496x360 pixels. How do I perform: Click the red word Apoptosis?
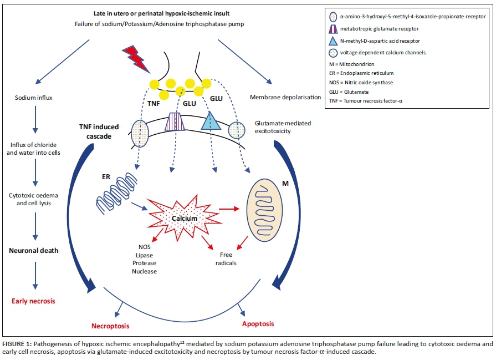point(258,323)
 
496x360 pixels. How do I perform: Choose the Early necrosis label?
point(33,301)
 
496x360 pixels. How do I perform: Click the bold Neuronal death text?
point(34,250)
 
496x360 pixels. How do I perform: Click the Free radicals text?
point(226,259)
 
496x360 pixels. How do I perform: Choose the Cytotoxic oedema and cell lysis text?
point(33,200)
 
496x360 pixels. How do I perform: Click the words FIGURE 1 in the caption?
point(18,344)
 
